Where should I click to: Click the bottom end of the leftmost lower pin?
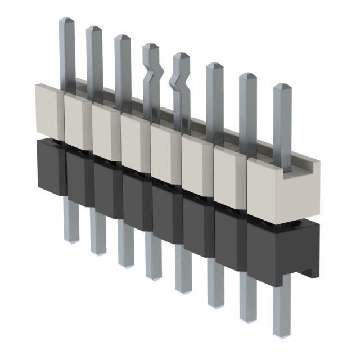click(x=71, y=238)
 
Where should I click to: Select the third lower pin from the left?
click(x=125, y=247)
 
